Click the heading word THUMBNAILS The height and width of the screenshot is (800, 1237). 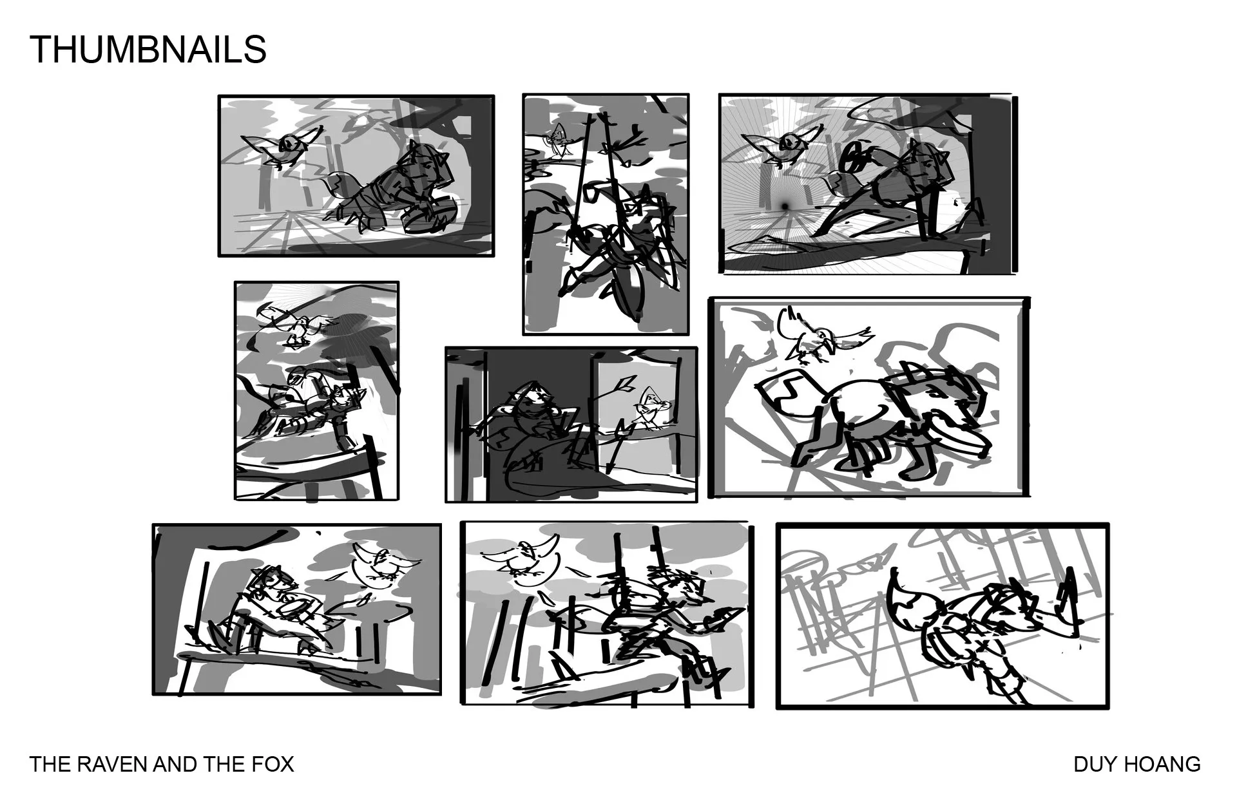[148, 49]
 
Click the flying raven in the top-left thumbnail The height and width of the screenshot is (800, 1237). [282, 148]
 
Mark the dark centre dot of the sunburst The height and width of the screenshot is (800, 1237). [785, 205]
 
